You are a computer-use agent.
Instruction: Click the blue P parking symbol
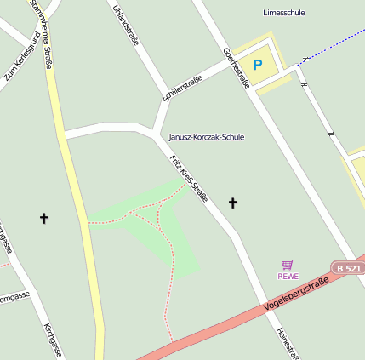point(257,65)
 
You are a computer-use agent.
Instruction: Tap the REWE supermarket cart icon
point(288,265)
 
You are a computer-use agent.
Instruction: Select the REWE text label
point(288,276)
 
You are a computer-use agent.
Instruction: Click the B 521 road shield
point(348,268)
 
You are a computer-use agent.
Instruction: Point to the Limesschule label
point(284,13)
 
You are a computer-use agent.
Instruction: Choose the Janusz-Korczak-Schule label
point(207,136)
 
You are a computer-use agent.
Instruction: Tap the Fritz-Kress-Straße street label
point(189,178)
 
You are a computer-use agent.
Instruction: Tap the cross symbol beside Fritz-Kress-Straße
point(232,203)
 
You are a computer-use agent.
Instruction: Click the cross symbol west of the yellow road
point(44,219)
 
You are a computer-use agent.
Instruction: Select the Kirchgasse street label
point(52,340)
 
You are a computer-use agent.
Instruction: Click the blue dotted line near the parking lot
point(332,49)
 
